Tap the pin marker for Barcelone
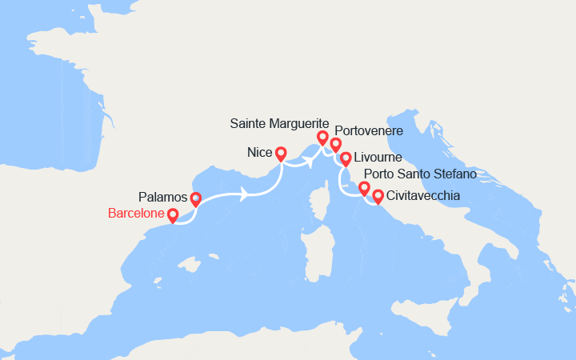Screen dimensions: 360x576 [x=173, y=215]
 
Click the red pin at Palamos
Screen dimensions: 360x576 [x=195, y=199]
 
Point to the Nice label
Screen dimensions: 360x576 [x=258, y=151]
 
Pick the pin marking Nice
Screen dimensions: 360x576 [x=281, y=152]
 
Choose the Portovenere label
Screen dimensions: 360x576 [x=369, y=130]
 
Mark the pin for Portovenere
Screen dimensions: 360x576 [x=336, y=145]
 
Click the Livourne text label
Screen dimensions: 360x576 [x=378, y=158]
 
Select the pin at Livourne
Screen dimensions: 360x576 [x=346, y=158]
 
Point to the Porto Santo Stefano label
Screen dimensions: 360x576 [x=420, y=174]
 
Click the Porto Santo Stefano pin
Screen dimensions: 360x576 [x=364, y=189]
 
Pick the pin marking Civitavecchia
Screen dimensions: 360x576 [x=378, y=195]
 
